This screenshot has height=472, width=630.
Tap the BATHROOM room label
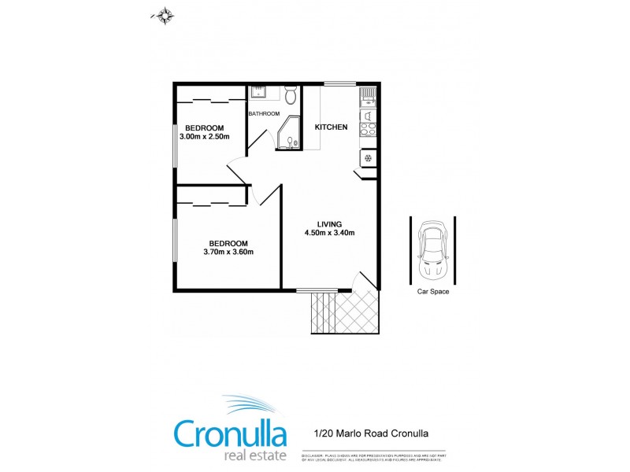[x=264, y=114]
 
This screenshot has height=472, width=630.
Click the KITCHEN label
[x=332, y=127]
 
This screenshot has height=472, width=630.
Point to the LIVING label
[x=330, y=223]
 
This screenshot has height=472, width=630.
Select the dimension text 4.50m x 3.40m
[x=330, y=233]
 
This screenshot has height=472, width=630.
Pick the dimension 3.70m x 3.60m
[x=228, y=253]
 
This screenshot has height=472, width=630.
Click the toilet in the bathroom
[x=291, y=96]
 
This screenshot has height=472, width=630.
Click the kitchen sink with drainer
[x=368, y=98]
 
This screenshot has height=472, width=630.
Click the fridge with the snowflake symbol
[x=368, y=158]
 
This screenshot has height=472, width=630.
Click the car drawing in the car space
[x=433, y=249]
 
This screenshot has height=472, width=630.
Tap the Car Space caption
[x=433, y=292]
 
